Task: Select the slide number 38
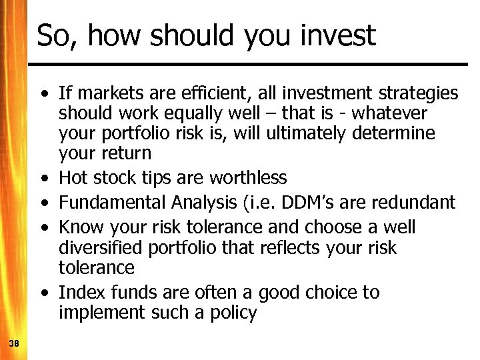click(x=13, y=343)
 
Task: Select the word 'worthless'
click(x=248, y=178)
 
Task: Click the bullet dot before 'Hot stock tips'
click(x=43, y=179)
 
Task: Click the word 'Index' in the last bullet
click(x=79, y=292)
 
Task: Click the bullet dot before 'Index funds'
click(x=43, y=293)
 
